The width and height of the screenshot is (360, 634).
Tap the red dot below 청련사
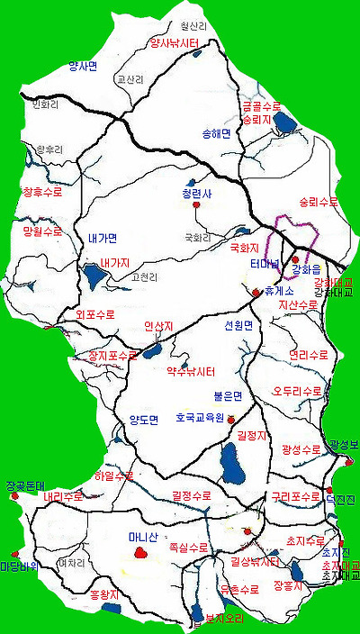[x=195, y=206]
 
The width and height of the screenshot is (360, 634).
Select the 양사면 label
[x=83, y=65]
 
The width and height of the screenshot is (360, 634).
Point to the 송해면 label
[x=217, y=133]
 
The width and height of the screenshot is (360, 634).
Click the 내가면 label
[x=103, y=238]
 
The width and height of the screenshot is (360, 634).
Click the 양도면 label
[x=143, y=420]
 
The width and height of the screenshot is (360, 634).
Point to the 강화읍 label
[x=307, y=270]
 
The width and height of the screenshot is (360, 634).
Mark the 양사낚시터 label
[x=174, y=42]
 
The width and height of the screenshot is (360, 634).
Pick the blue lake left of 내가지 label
[x=93, y=275]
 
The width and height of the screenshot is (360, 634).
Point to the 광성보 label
[x=344, y=446]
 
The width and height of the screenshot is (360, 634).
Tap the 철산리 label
[x=193, y=28]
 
